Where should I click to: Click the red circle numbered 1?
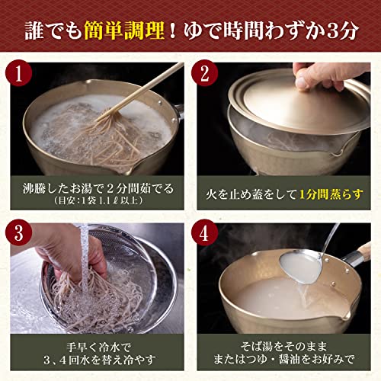(18, 73)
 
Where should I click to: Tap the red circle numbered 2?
(204, 73)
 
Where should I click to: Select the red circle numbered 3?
(18, 232)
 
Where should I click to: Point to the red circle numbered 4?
(204, 232)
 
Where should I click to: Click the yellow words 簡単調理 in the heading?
(124, 30)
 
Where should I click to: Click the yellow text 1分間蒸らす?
(331, 194)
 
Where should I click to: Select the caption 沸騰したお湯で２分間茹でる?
(98, 188)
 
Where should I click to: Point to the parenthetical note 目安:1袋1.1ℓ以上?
(98, 200)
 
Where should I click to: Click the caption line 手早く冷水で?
(98, 347)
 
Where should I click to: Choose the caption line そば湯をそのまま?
(283, 346)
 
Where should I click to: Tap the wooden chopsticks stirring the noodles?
(142, 91)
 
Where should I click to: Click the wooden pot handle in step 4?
(364, 252)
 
